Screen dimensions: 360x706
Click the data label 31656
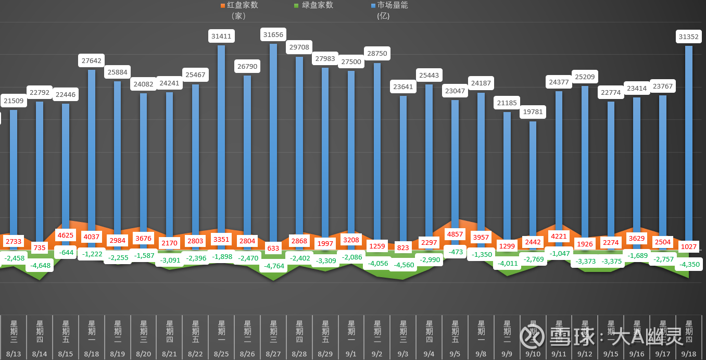(x=273, y=35)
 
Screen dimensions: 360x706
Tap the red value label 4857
(x=455, y=234)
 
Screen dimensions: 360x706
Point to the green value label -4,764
(x=273, y=266)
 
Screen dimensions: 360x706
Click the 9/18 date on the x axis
(x=689, y=354)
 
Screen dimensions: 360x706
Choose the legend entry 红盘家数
(x=239, y=5)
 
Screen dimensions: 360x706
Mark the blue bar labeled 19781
(x=533, y=177)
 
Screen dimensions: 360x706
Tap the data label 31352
(x=689, y=36)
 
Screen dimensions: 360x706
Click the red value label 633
(x=273, y=248)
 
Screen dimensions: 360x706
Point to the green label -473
(x=455, y=252)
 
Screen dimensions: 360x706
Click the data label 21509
(x=14, y=101)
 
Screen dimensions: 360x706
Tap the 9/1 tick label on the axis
(x=351, y=354)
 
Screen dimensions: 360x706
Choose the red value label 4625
(x=66, y=235)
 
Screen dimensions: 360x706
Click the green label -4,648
(x=40, y=265)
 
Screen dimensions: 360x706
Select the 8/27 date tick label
(x=273, y=354)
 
